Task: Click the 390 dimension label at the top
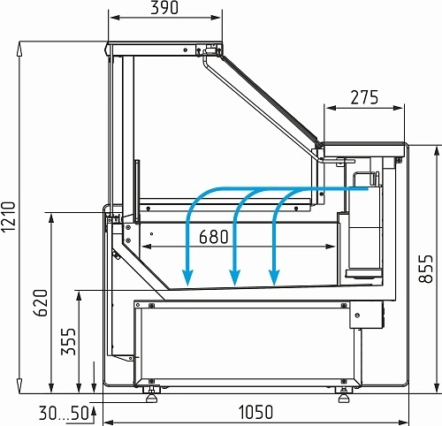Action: click(164, 8)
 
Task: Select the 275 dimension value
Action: click(364, 97)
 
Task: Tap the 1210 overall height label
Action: click(8, 217)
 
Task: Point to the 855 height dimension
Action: click(426, 269)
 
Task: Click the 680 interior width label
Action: click(214, 237)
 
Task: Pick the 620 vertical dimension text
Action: click(40, 303)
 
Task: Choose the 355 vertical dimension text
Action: click(68, 341)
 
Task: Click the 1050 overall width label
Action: click(255, 412)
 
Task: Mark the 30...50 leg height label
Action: click(64, 413)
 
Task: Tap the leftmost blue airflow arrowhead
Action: click(187, 278)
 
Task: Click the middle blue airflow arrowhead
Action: click(234, 278)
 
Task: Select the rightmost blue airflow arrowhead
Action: click(274, 278)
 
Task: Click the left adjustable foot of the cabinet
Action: click(151, 395)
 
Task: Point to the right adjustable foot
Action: click(344, 395)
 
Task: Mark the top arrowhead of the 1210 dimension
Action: click(19, 49)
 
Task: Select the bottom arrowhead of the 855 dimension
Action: click(436, 386)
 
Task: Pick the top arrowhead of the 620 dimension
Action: click(51, 219)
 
